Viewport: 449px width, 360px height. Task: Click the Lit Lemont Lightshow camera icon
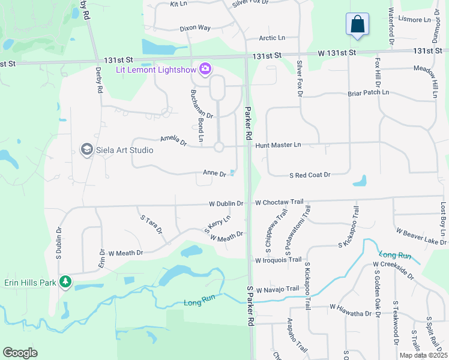205,69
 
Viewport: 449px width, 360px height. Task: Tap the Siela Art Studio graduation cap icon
86,149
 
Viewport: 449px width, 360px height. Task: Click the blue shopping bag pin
357,25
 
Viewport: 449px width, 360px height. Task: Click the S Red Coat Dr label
310,175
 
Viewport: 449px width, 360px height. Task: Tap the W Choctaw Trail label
279,203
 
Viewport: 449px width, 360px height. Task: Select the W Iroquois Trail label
278,260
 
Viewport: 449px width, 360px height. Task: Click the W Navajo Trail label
277,289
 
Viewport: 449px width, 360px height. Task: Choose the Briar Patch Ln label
368,93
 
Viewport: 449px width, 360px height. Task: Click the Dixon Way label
195,28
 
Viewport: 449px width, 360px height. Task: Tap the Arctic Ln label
272,38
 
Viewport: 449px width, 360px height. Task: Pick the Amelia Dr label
173,140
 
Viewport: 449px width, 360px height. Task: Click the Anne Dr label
214,173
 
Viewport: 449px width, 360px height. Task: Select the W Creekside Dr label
393,269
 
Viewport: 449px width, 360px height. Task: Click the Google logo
20,353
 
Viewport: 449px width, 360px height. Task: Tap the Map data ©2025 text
423,355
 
